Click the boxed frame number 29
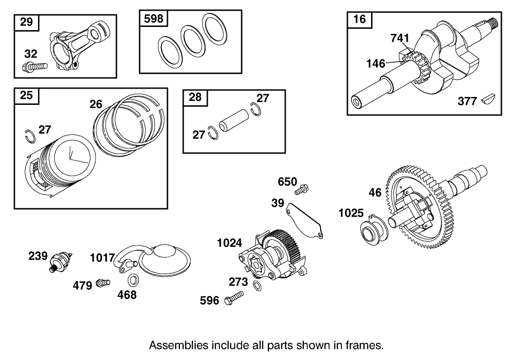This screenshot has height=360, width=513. pos(26,22)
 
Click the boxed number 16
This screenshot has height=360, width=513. pos(359,19)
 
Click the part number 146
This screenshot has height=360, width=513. pos(376,63)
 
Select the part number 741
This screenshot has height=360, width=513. pos(399,39)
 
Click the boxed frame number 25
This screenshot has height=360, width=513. pos(26,96)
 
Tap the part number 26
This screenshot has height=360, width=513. pos(96,104)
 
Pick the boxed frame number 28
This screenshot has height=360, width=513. pos(196,97)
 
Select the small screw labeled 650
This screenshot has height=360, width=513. pos(303,189)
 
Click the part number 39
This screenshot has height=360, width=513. pos(278,203)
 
